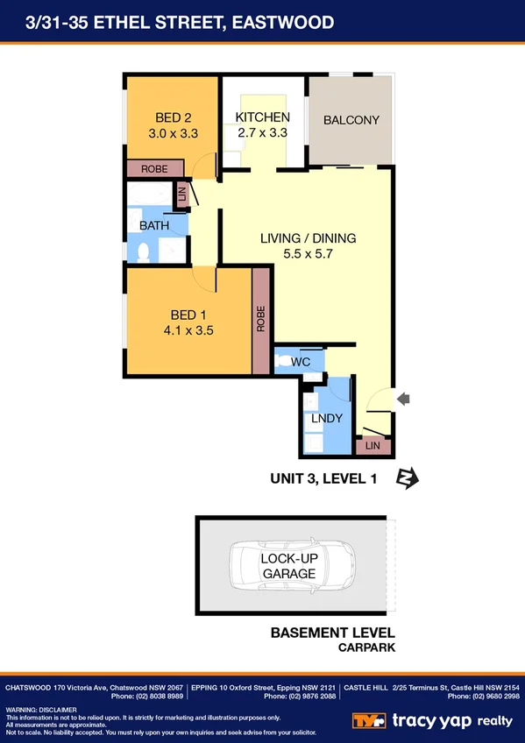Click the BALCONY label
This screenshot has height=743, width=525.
351,120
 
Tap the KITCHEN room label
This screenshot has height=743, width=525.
263,117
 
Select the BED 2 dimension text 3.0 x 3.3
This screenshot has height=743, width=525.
172,134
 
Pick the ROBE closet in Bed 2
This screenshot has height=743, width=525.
155,168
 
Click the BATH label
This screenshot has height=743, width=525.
153,226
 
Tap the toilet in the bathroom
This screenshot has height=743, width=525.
144,252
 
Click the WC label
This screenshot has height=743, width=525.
301,361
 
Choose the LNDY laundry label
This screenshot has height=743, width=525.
326,419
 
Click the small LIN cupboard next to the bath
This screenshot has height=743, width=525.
181,196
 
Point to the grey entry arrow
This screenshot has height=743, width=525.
403,400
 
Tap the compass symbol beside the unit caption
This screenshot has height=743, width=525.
408,478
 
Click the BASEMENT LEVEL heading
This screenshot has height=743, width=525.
332,633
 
